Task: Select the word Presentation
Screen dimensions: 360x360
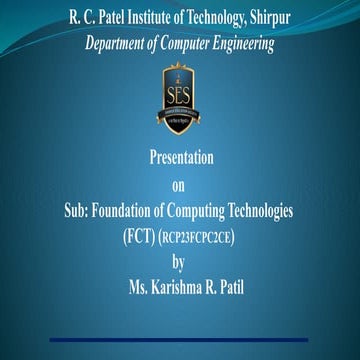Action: [x=180, y=160]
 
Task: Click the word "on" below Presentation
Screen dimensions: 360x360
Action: [x=180, y=185]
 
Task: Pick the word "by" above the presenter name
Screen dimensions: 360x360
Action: [x=180, y=262]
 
